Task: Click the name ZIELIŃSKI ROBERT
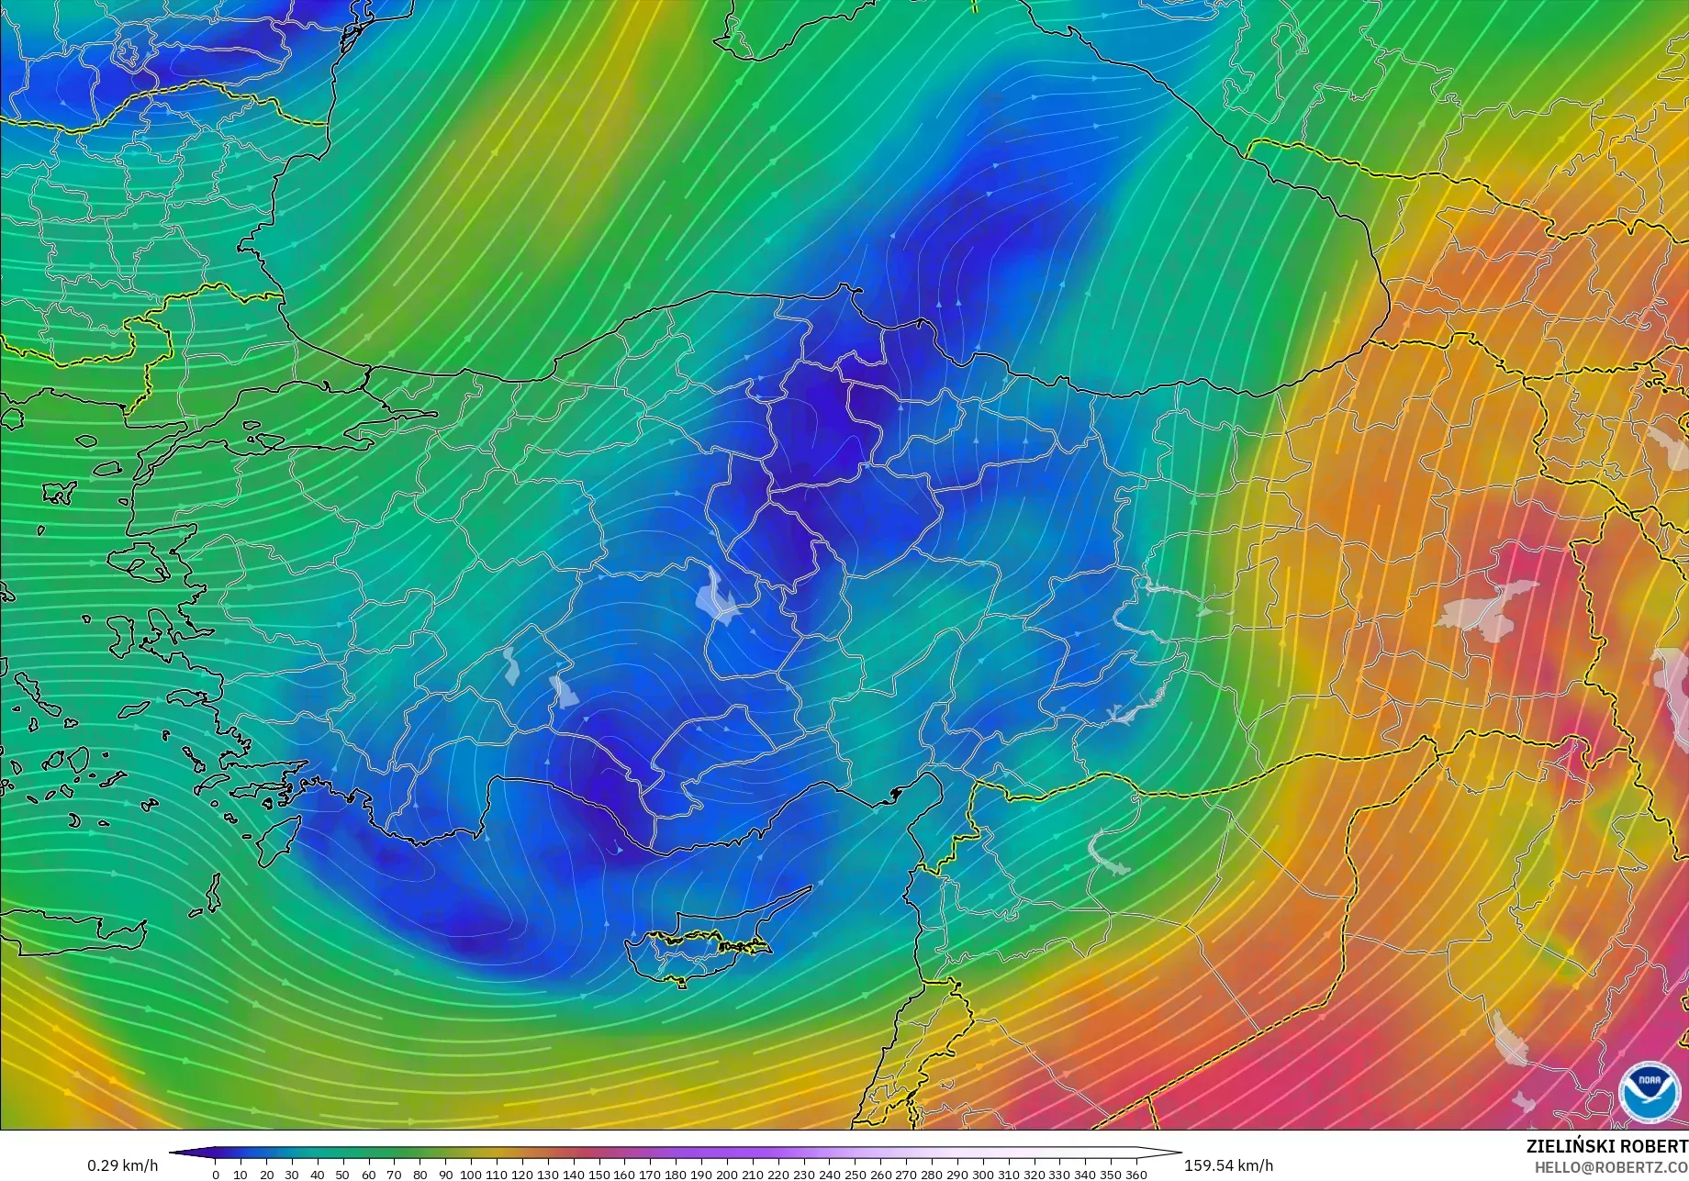coord(1606,1147)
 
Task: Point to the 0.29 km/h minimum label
coord(123,1166)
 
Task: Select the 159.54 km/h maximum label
coord(1228,1166)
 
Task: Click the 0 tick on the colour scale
coord(216,1175)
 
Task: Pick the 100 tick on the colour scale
coord(470,1175)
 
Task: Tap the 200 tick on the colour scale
coord(726,1175)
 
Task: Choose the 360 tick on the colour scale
coord(1135,1175)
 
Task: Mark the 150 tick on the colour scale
coord(598,1175)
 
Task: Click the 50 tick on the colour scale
coord(343,1175)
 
